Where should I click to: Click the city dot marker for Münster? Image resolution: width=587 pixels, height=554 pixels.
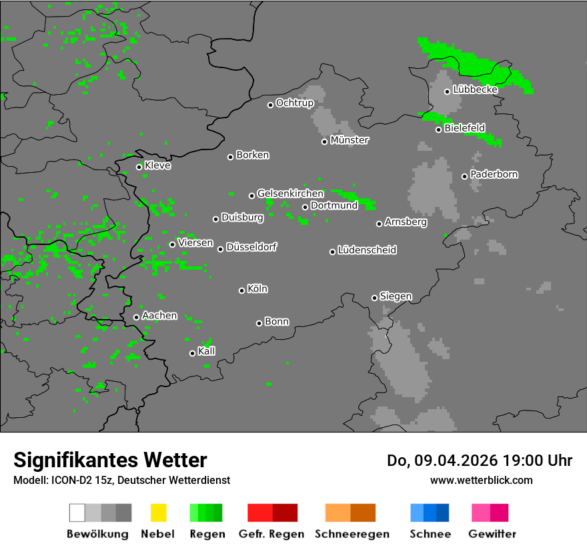click(325, 142)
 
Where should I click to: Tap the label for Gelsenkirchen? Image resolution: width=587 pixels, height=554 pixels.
click(290, 194)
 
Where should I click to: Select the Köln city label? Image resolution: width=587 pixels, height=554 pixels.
click(257, 289)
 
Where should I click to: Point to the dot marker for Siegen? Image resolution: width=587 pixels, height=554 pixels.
click(374, 298)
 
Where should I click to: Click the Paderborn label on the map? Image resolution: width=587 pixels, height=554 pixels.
click(494, 174)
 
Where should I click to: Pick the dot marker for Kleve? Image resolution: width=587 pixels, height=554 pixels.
click(139, 167)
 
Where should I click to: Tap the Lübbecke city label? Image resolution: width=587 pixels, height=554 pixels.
click(475, 89)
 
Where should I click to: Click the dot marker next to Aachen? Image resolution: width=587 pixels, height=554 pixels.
click(136, 317)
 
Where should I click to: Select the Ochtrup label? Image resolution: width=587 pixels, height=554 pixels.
click(294, 103)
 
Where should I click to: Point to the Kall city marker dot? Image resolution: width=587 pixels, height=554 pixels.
click(192, 353)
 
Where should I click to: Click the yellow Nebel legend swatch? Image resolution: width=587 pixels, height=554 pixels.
click(158, 513)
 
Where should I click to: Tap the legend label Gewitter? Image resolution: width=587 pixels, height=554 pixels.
click(492, 534)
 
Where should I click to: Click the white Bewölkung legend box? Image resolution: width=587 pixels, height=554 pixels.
click(77, 513)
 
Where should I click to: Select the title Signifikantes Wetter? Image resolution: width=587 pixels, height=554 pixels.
click(110, 460)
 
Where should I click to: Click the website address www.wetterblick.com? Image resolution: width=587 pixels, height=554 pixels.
click(481, 480)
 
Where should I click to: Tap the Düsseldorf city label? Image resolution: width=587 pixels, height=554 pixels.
click(251, 247)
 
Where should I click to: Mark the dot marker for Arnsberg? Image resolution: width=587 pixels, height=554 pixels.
click(379, 224)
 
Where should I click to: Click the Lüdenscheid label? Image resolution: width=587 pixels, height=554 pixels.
click(367, 250)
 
